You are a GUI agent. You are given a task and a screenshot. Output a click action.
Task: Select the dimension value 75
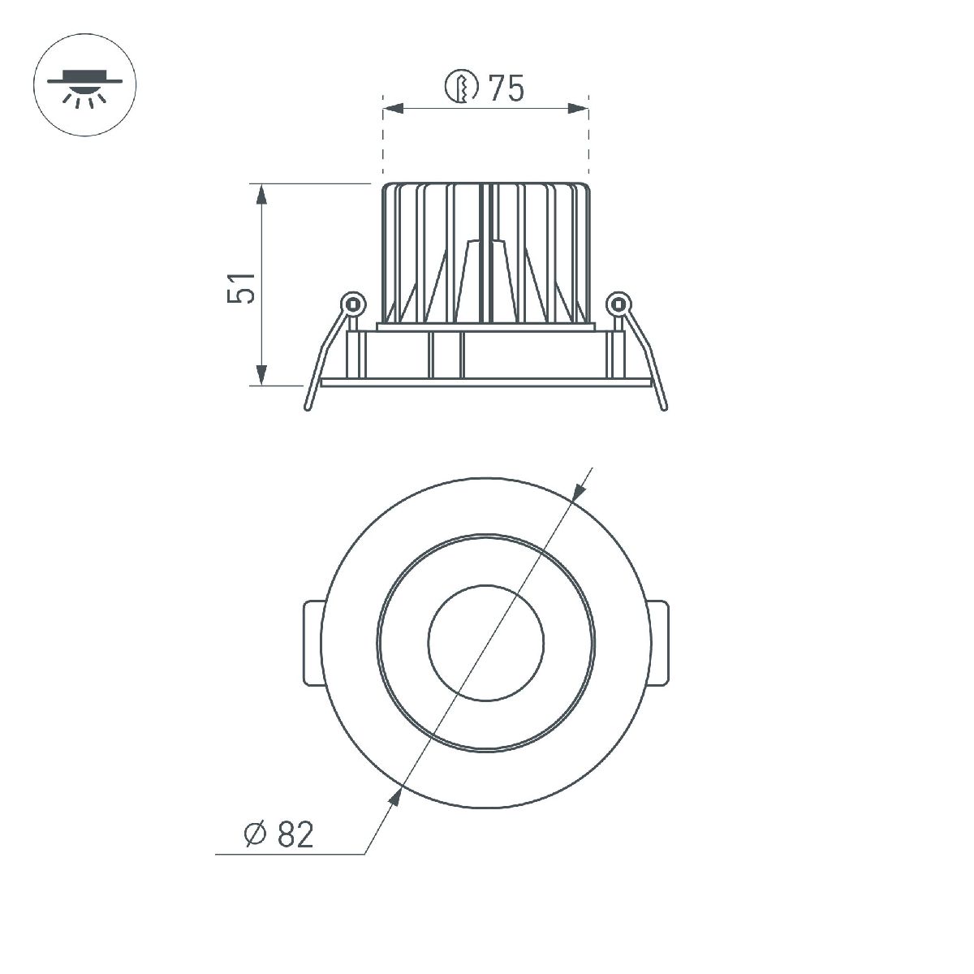pyautogui.click(x=506, y=88)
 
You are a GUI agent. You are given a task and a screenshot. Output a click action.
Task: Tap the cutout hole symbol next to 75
pyautogui.click(x=462, y=88)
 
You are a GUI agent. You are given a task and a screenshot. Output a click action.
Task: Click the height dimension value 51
pyautogui.click(x=242, y=287)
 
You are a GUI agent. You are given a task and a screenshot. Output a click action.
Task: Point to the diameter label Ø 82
pyautogui.click(x=278, y=834)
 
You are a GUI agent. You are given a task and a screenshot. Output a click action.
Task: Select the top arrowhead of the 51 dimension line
pyautogui.click(x=261, y=196)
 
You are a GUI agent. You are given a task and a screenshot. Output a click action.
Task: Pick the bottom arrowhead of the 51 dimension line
pyautogui.click(x=261, y=375)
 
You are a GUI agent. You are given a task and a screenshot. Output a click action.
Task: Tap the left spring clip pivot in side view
pyautogui.click(x=352, y=304)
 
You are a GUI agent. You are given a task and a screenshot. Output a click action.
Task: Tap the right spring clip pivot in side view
pyautogui.click(x=618, y=304)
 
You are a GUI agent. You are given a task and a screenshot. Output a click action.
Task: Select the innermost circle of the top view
pyautogui.click(x=485, y=644)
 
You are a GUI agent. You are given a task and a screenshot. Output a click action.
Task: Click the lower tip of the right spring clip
pyautogui.click(x=664, y=406)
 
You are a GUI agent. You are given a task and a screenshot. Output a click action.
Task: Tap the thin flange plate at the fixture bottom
pyautogui.click(x=485, y=382)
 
